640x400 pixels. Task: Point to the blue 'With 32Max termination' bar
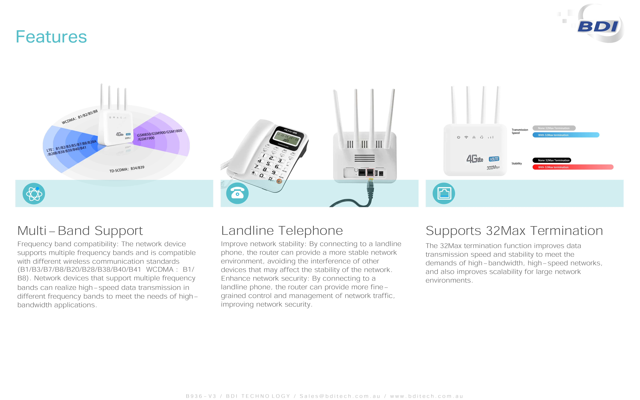coord(566,135)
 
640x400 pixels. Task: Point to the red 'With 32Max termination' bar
coord(573,167)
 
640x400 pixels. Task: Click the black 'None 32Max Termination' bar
coord(552,160)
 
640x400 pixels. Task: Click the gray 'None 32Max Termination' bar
coord(554,128)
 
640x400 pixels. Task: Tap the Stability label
coord(516,164)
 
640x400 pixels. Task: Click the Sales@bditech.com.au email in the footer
coord(340,396)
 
